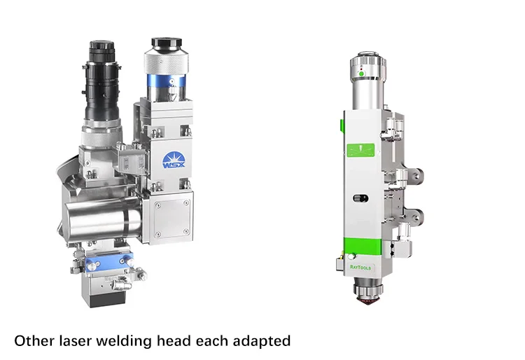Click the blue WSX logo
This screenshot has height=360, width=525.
(173, 161)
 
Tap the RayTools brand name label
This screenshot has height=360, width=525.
(360, 268)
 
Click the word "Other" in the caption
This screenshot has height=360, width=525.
(34, 341)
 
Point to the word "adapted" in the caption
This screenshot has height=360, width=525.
(262, 341)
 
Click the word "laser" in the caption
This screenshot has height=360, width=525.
(76, 341)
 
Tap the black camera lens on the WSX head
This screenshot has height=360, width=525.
(101, 81)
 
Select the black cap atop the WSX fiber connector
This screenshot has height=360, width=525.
(167, 43)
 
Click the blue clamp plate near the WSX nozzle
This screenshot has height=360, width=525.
(109, 261)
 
